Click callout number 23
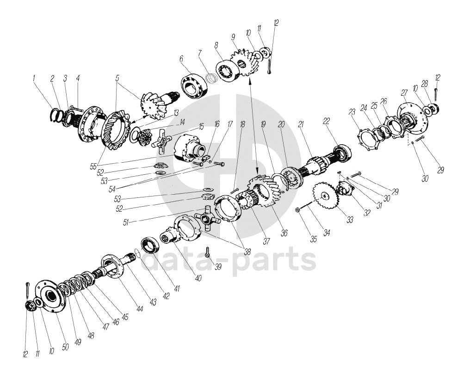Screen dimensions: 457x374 coord(352,112)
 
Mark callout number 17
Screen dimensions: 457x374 coord(230,124)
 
